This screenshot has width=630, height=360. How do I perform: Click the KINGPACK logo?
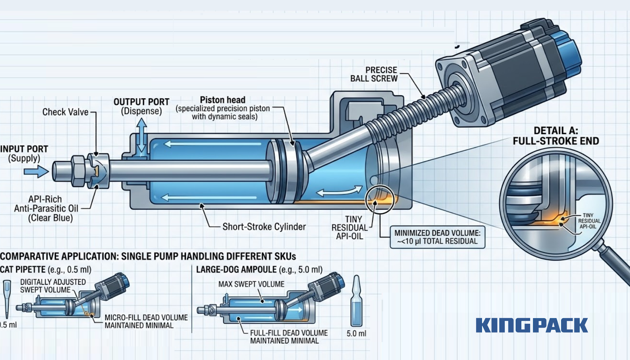(x=532, y=325)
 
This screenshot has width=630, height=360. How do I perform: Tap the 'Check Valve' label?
(x=65, y=112)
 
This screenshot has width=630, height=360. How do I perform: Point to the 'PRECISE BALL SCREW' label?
(x=374, y=74)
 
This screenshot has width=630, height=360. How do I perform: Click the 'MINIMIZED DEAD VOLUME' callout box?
(x=437, y=237)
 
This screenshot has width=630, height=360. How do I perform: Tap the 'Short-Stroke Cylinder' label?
(x=264, y=227)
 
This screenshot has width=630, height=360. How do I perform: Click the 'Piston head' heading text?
(x=222, y=100)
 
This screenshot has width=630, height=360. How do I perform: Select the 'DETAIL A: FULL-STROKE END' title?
(x=556, y=136)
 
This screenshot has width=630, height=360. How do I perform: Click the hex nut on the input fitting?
(x=78, y=171)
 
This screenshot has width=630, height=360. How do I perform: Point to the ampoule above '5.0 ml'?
(x=356, y=301)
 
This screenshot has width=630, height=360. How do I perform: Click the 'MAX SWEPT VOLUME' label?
(x=251, y=284)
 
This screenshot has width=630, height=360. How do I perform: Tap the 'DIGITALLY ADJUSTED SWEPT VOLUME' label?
(x=52, y=286)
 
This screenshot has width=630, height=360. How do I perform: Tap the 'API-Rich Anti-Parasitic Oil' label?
(x=46, y=208)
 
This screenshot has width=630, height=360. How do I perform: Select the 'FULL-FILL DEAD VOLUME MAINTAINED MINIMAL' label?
(x=289, y=337)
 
